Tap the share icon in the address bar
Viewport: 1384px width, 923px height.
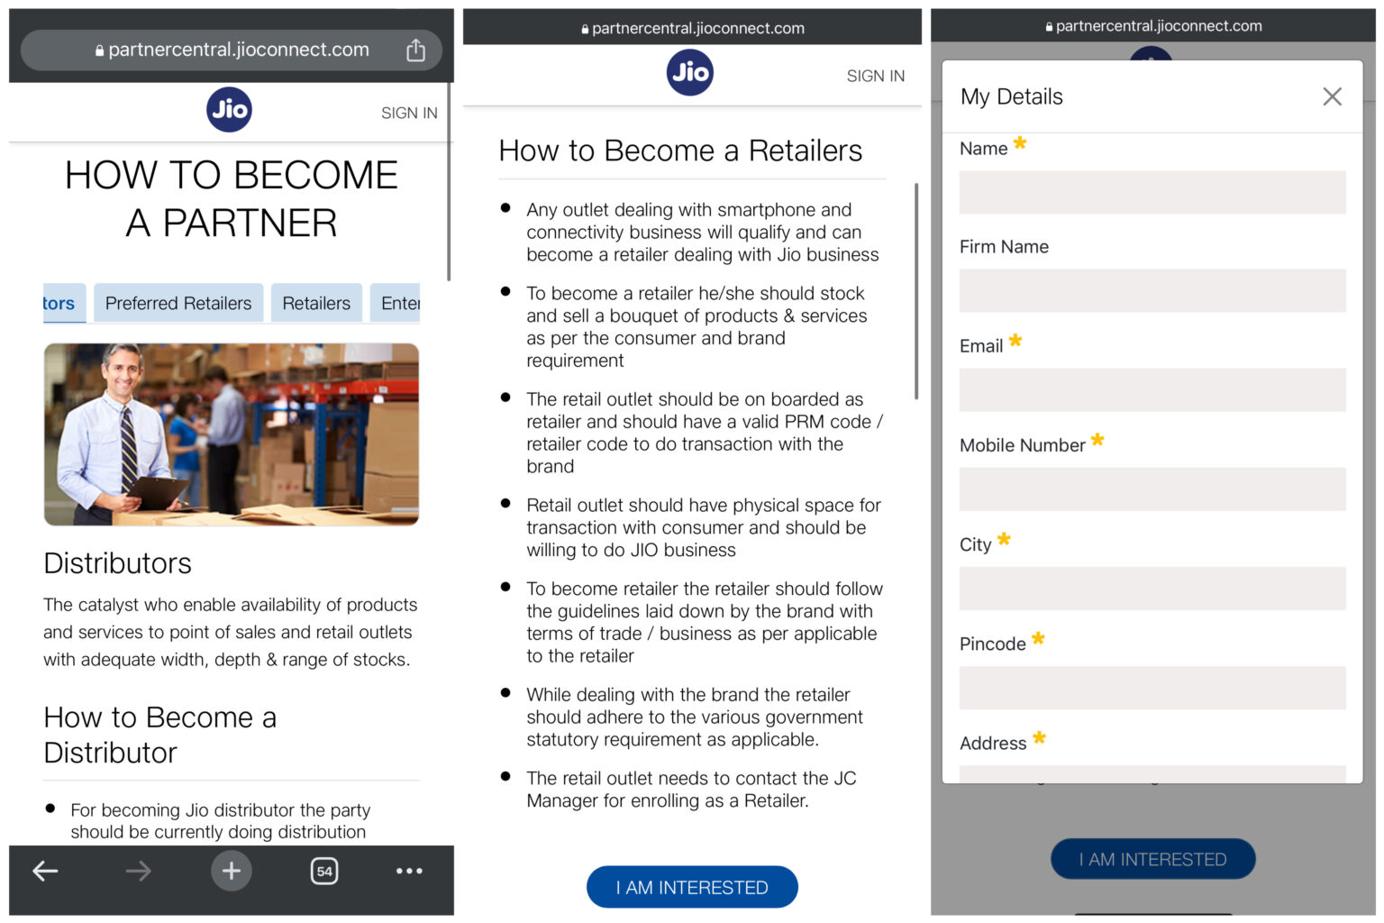tap(415, 50)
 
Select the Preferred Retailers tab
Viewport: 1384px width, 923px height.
tap(178, 304)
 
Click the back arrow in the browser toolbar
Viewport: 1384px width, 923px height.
tap(46, 871)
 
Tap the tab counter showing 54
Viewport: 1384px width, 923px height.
tap(324, 871)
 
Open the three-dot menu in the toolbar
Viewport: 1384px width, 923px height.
tap(409, 871)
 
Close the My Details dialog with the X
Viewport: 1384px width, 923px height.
tap(1332, 96)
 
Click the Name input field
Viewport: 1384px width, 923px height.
tap(1152, 193)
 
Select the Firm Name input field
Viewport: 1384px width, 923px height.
tap(1152, 291)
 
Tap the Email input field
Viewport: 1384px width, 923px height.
tap(1152, 390)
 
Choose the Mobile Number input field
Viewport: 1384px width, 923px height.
tap(1152, 489)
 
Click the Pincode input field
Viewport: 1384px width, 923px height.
tap(1152, 688)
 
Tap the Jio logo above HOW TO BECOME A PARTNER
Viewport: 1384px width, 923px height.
tap(229, 110)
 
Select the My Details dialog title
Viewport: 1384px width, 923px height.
tap(1011, 97)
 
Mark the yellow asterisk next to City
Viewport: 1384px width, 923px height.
tap(1004, 540)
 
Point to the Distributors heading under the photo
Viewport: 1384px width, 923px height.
tap(118, 563)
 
